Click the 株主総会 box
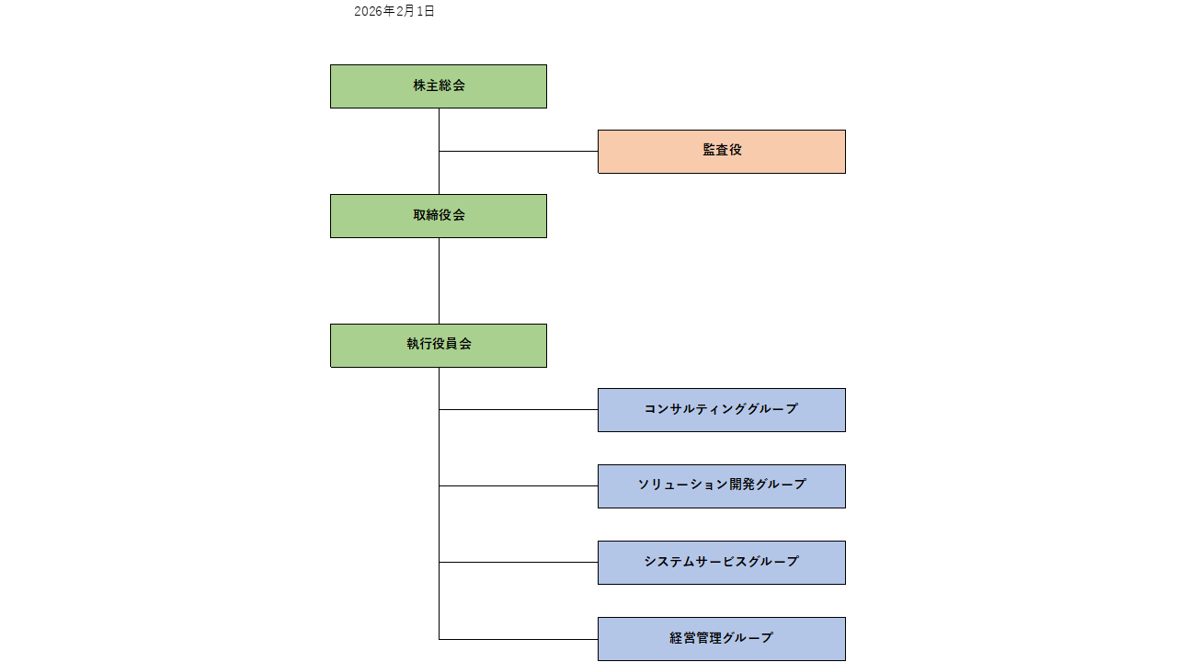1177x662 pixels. [x=439, y=86]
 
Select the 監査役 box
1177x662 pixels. [x=722, y=152]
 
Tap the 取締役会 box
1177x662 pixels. [x=439, y=216]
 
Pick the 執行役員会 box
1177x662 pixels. [x=439, y=346]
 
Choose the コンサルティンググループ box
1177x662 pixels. [x=722, y=410]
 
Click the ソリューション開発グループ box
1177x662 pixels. [x=722, y=486]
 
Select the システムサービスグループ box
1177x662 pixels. [x=722, y=563]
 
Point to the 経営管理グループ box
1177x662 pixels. [x=722, y=639]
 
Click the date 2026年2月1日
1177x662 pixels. [x=394, y=12]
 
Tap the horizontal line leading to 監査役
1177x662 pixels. [x=519, y=151]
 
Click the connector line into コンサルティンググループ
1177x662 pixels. [x=519, y=409]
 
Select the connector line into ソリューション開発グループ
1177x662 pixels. [x=519, y=485]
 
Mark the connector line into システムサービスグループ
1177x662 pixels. [x=519, y=562]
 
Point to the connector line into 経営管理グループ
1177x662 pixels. [x=519, y=639]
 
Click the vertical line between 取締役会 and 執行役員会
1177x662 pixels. [x=439, y=280]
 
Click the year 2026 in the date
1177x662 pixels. [x=369, y=12]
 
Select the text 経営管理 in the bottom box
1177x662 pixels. [x=695, y=638]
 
